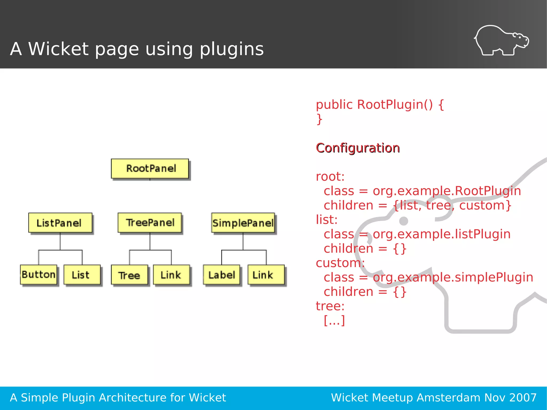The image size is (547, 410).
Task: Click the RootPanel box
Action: [x=150, y=169]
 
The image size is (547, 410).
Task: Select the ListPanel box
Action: [x=60, y=223]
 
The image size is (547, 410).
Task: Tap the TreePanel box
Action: [x=150, y=222]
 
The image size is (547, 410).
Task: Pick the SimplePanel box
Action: [x=243, y=223]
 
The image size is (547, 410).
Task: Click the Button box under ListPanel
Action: [x=39, y=275]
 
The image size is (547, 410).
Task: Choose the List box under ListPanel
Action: [x=82, y=275]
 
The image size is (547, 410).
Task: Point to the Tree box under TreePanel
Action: [x=129, y=275]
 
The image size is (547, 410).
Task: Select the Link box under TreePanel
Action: [x=171, y=275]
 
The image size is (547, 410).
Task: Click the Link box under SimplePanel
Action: [x=266, y=275]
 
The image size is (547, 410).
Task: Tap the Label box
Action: [x=221, y=275]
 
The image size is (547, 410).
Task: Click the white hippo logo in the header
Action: [x=501, y=41]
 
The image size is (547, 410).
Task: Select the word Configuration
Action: [x=358, y=148]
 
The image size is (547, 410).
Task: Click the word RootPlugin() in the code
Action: [x=395, y=104]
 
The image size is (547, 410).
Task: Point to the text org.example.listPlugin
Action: [x=441, y=234]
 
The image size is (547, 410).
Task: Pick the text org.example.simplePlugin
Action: [x=453, y=277]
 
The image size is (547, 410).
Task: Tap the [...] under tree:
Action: [x=334, y=320]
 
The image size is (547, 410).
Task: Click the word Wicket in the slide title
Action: [x=58, y=49]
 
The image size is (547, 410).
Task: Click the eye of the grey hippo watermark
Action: [x=403, y=221]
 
